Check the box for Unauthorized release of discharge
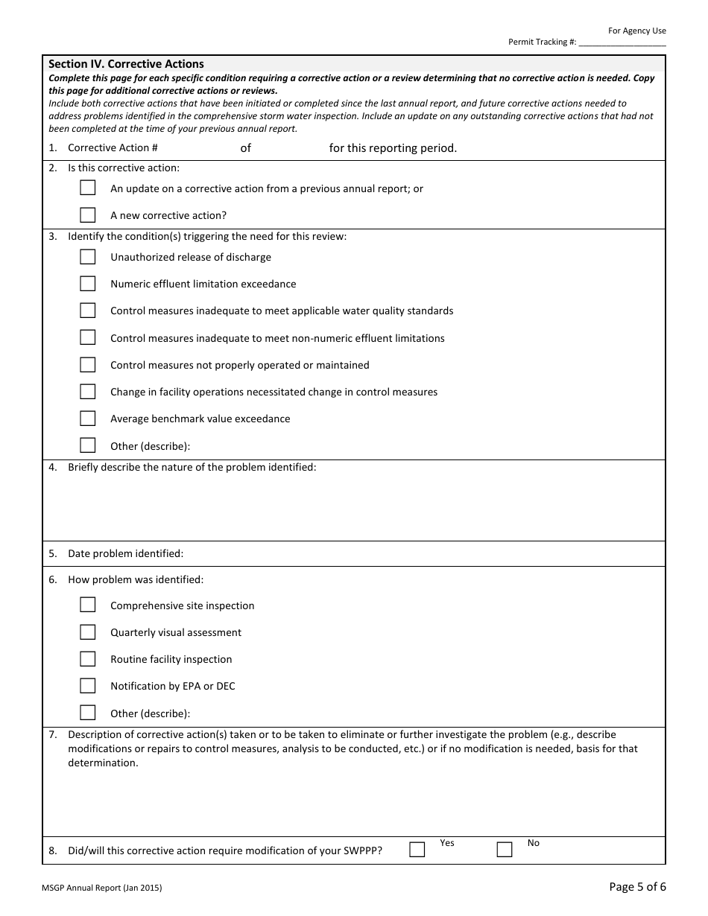pos(88,257)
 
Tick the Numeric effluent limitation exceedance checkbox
pos(88,284)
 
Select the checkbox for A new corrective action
pos(88,215)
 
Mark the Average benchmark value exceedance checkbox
pos(88,419)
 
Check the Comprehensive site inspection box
pos(88,605)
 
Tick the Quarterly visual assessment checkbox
pos(88,632)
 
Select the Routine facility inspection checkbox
pos(88,659)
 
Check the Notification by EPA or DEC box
pos(88,686)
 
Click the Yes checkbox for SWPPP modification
pos(417,850)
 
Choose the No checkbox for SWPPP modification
pos(505,850)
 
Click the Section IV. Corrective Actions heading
pos(126,64)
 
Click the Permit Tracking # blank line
pos(622,42)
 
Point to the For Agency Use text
pos(636,31)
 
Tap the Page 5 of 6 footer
pos(637,886)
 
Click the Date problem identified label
pos(125,553)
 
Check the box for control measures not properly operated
pos(88,365)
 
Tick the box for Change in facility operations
pos(88,392)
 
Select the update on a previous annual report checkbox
pos(88,188)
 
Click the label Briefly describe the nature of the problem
pos(192,467)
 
